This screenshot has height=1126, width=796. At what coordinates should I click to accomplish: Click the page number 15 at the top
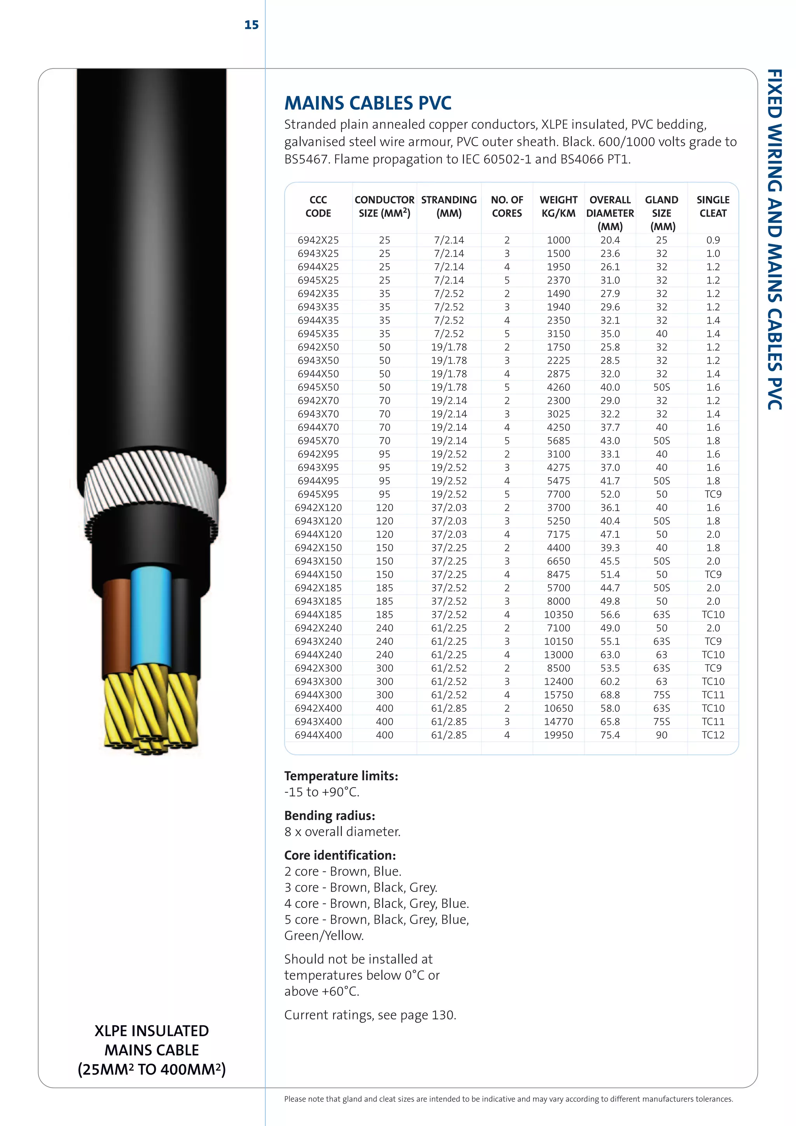pos(251,25)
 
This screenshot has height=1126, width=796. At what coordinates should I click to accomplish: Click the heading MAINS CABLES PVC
pos(368,103)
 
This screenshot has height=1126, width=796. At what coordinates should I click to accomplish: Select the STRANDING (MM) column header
pos(449,206)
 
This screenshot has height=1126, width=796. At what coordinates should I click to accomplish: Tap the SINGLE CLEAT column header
pos(713,206)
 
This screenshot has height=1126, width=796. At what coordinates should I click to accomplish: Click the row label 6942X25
pos(318,240)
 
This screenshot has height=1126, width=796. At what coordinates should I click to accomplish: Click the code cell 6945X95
pos(318,494)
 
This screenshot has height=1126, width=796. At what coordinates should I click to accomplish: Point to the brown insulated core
pos(117,628)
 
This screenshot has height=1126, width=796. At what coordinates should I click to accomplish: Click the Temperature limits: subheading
pos(341,776)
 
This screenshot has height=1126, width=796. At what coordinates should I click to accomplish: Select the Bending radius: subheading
pos(329,816)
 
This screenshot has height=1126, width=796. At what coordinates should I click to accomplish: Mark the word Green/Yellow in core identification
pos(323,936)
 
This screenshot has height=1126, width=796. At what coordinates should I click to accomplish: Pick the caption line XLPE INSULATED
pos(152,1031)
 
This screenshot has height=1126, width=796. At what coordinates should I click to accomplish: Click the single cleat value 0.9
pos(713,240)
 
